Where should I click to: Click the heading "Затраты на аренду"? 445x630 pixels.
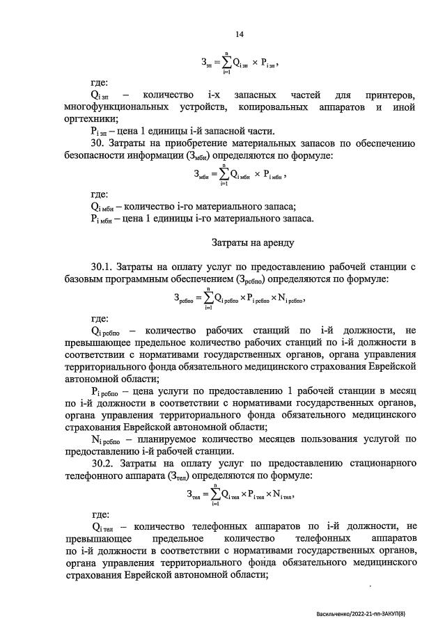pos(253,243)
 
